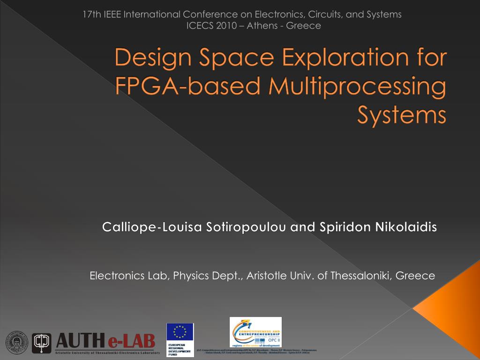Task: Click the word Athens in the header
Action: point(262,25)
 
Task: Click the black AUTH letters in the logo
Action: point(81,341)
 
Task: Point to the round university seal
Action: point(16,343)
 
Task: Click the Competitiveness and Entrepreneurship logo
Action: point(255,332)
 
